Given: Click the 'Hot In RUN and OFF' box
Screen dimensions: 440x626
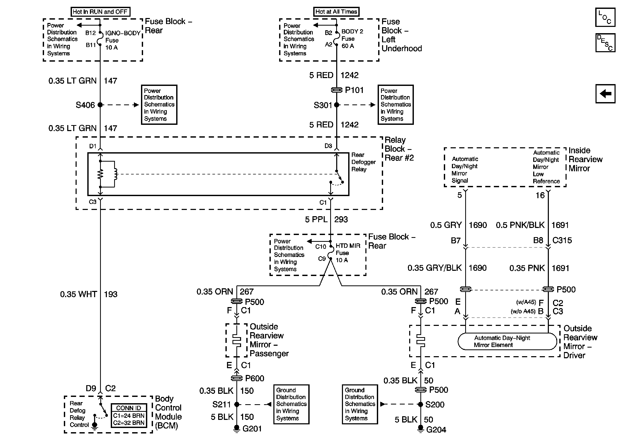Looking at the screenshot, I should tap(100, 12).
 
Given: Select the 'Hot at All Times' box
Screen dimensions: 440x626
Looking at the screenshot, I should tap(336, 12).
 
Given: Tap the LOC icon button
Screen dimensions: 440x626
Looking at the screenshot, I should tap(605, 17).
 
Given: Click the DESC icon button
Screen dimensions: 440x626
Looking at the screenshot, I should tap(605, 43).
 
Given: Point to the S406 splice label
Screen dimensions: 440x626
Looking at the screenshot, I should tap(85, 105).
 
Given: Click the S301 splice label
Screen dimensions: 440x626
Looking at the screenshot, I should tap(323, 105).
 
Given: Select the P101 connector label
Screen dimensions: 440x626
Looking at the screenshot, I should tap(354, 90).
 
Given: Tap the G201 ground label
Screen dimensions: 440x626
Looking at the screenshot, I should tap(252, 429).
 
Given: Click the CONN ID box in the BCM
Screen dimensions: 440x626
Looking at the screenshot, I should tap(129, 415).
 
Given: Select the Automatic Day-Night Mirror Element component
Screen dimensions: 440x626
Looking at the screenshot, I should tap(507, 341).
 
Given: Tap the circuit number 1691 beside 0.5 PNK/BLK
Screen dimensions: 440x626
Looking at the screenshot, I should tap(560, 225).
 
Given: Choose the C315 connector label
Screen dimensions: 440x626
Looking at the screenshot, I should tap(562, 240).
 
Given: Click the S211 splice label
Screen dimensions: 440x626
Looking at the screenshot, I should tap(221, 404).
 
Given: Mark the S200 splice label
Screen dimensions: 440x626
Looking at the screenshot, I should tap(435, 405).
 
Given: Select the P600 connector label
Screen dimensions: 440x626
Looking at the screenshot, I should tap(254, 379).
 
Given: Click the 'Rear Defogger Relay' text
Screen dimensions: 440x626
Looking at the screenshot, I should tap(363, 162).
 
